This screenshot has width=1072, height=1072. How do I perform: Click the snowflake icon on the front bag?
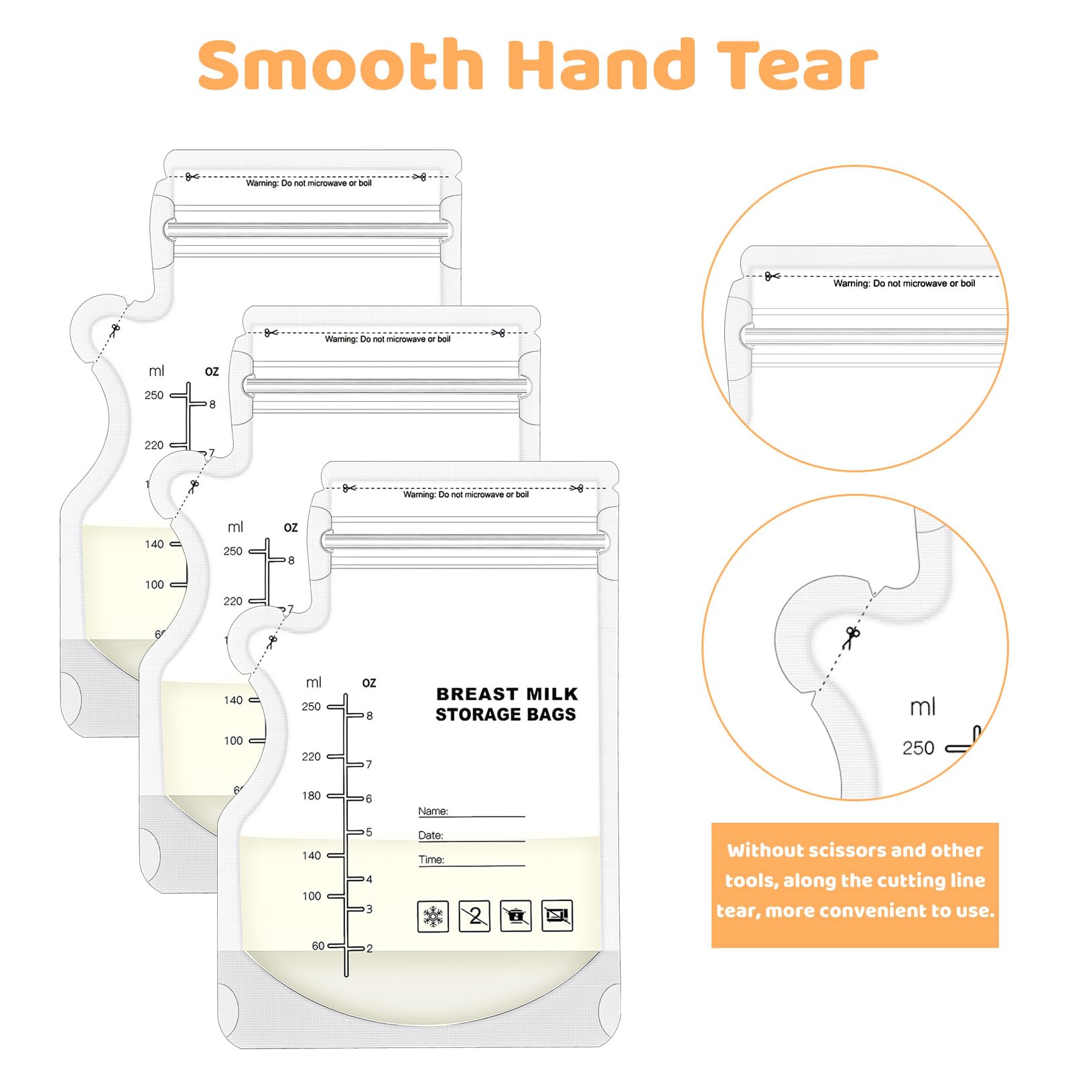pyautogui.click(x=433, y=916)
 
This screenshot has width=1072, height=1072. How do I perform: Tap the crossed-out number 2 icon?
pyautogui.click(x=474, y=916)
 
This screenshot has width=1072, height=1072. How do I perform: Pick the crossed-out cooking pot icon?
pyautogui.click(x=516, y=916)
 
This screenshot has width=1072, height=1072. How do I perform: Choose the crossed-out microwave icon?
pyautogui.click(x=557, y=916)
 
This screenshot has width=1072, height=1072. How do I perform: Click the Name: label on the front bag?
pyautogui.click(x=433, y=811)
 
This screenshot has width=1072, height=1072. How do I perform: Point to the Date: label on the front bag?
pyautogui.click(x=431, y=835)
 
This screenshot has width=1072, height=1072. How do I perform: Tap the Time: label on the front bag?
pyautogui.click(x=431, y=860)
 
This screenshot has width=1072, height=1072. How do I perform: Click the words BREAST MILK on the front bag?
pyautogui.click(x=507, y=694)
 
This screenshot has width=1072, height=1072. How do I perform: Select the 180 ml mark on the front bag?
pyautogui.click(x=312, y=796)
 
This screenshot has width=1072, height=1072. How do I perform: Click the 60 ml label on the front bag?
pyautogui.click(x=318, y=946)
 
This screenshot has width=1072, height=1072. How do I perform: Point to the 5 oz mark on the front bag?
pyautogui.click(x=369, y=832)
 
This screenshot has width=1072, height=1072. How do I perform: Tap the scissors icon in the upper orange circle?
pyautogui.click(x=772, y=275)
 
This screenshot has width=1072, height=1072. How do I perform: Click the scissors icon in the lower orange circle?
pyautogui.click(x=852, y=637)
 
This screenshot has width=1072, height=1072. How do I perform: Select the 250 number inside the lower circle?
pyautogui.click(x=918, y=748)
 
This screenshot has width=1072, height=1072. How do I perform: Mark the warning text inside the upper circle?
pyautogui.click(x=904, y=283)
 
